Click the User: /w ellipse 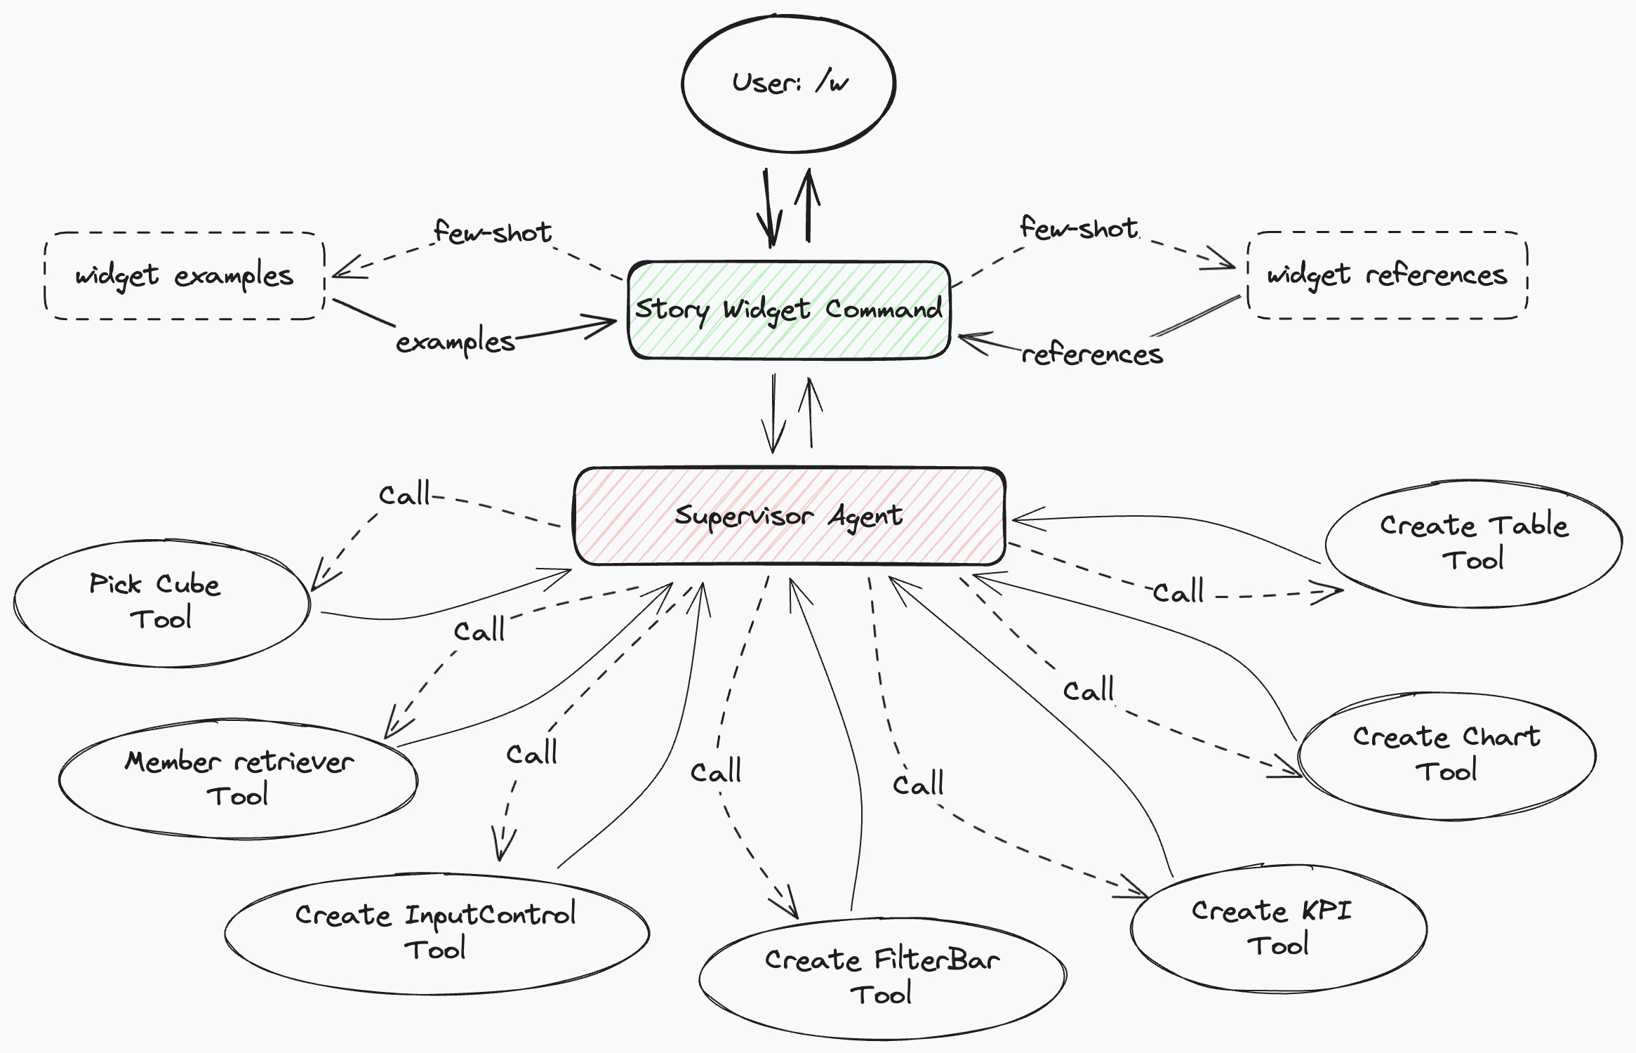click(789, 83)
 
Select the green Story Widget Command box click(789, 310)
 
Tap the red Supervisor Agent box click(789, 516)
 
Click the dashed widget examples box click(184, 276)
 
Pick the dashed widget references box click(1387, 275)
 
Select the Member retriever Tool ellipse click(239, 779)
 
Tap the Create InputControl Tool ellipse click(435, 932)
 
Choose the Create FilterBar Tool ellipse click(882, 977)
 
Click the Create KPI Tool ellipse click(1277, 928)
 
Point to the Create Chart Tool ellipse click(1446, 755)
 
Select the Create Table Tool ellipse click(1474, 543)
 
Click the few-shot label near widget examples click(493, 232)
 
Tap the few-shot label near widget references click(1079, 228)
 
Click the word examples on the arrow click(455, 343)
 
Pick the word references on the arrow click(1092, 355)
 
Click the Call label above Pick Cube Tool click(404, 495)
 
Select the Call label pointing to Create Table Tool click(1179, 592)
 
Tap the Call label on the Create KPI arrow click(918, 783)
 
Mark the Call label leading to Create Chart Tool click(1089, 691)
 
